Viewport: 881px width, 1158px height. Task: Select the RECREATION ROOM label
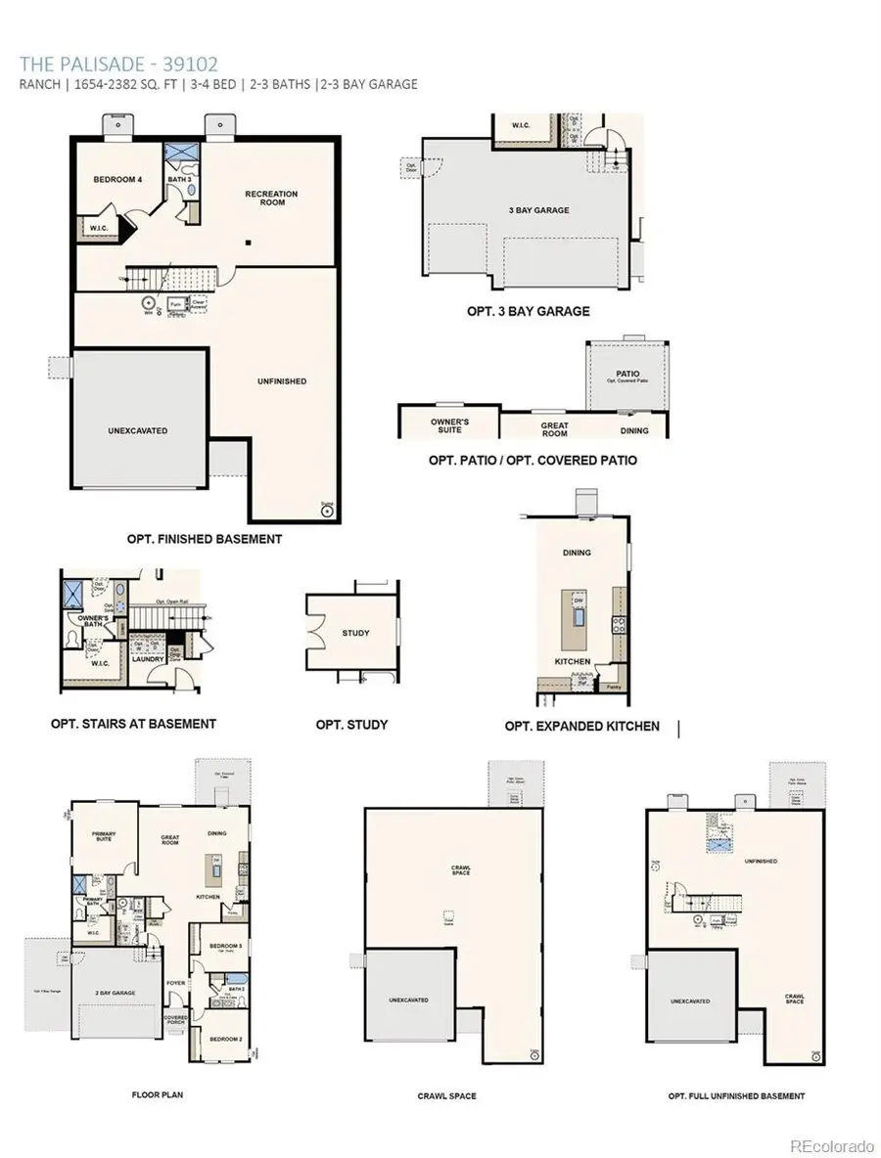click(271, 199)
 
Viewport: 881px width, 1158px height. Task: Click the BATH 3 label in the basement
click(178, 180)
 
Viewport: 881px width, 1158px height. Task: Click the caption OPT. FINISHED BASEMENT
click(205, 539)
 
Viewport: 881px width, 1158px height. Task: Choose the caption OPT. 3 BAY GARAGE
click(528, 311)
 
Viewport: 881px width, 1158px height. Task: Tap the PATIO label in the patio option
click(627, 374)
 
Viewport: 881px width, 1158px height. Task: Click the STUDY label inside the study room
click(355, 633)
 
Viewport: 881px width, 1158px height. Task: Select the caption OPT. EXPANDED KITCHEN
click(581, 727)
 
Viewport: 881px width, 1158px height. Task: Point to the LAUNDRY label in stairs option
click(148, 659)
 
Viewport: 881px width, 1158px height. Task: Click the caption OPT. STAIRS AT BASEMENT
click(133, 724)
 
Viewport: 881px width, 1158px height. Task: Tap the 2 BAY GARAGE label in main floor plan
click(115, 993)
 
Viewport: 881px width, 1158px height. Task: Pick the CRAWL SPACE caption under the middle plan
click(446, 1096)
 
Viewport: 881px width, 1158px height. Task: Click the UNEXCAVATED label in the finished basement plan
click(137, 430)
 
